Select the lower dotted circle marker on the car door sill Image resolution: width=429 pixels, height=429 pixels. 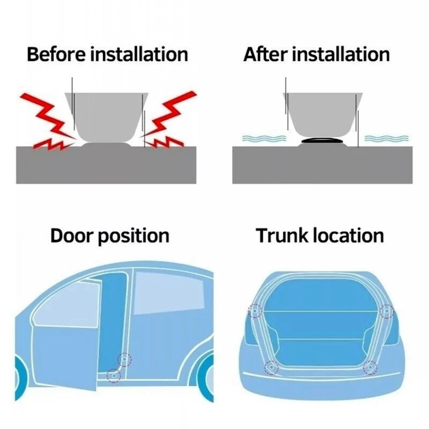click(x=113, y=375)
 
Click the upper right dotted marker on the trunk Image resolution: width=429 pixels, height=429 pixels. click(x=386, y=310)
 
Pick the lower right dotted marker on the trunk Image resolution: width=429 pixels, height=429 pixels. click(x=369, y=367)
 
